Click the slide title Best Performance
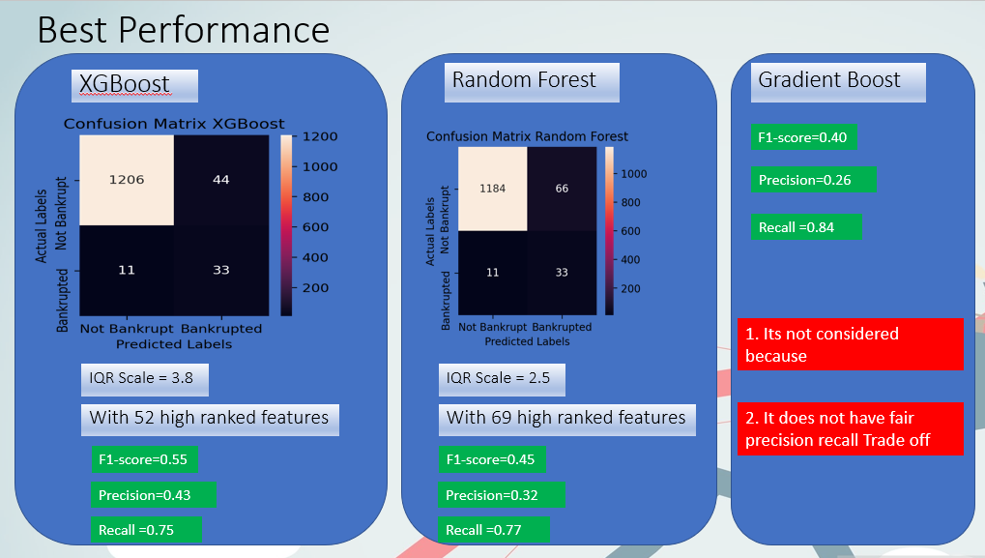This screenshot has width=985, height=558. click(183, 30)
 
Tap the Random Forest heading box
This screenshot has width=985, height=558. click(524, 80)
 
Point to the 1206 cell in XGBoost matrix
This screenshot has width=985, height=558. click(127, 180)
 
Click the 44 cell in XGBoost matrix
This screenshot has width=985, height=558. click(220, 180)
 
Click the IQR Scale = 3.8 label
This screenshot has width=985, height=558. click(145, 378)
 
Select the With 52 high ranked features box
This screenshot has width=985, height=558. click(209, 418)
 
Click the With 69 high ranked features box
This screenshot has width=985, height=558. click(565, 418)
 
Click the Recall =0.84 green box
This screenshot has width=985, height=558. click(806, 226)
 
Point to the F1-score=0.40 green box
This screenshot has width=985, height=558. click(803, 137)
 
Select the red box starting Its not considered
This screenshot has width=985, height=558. click(851, 344)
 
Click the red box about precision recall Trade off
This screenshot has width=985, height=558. click(851, 429)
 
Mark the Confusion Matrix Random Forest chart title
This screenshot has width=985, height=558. click(527, 136)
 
